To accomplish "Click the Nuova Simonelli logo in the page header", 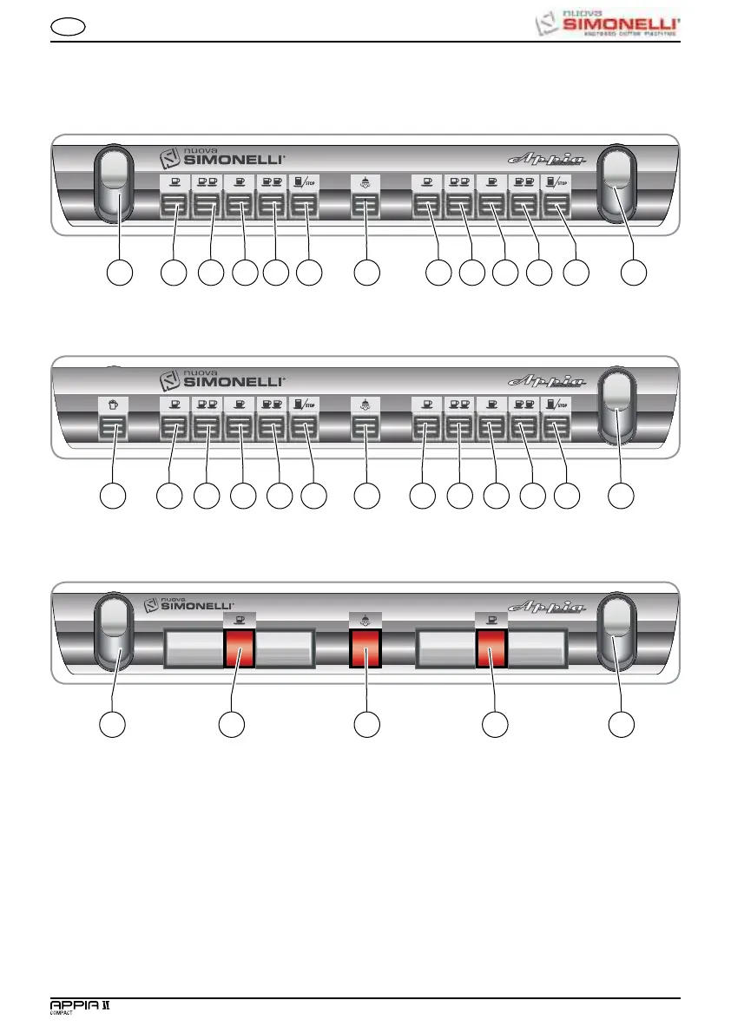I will (605, 22).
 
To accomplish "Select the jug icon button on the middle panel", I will (113, 429).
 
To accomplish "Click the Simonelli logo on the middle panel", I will (221, 381).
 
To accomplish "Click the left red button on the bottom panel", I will (239, 649).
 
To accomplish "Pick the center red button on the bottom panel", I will (365, 649).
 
